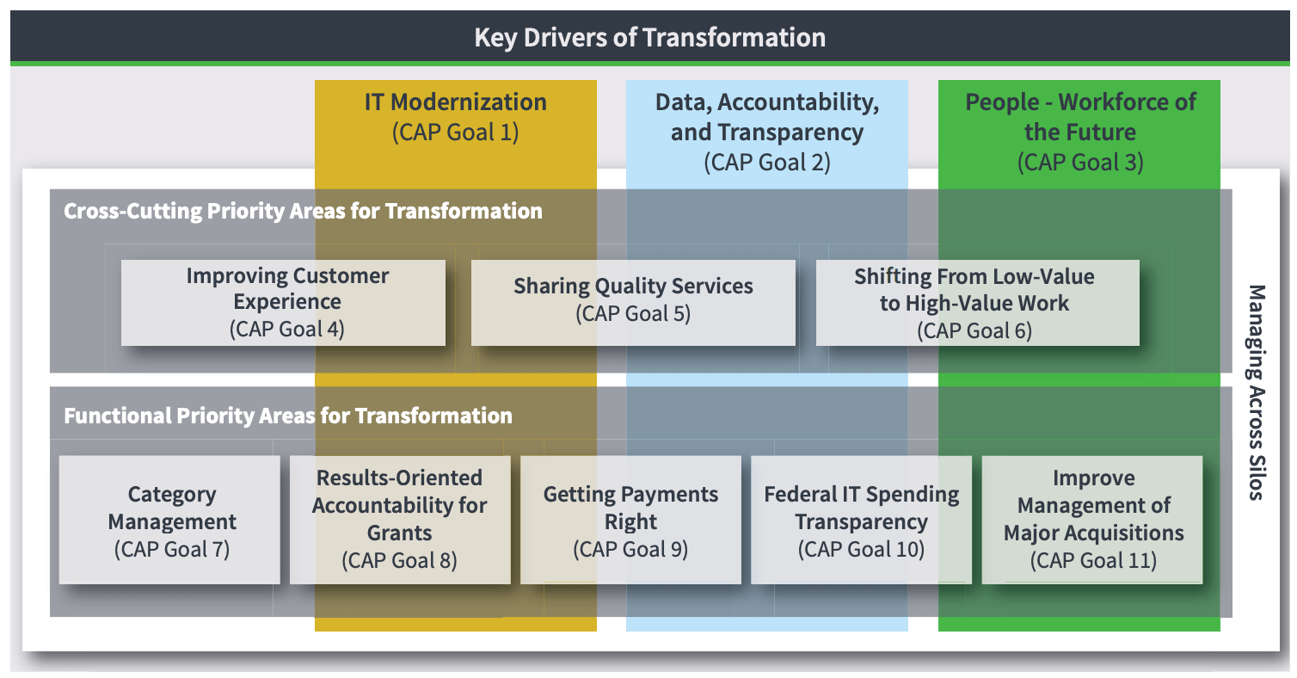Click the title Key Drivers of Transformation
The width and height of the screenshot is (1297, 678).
tap(649, 38)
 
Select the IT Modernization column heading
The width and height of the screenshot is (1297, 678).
tap(456, 102)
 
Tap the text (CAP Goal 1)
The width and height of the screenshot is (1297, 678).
tap(456, 133)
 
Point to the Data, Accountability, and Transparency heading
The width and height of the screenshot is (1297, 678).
tap(767, 117)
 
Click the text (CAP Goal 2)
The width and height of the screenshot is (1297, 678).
tap(767, 163)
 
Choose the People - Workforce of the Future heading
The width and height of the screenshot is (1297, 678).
tap(1080, 117)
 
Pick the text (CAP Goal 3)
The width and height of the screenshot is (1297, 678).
tap(1080, 163)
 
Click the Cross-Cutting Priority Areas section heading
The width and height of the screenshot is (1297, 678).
tap(303, 212)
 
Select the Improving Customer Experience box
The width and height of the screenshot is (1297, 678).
tap(283, 303)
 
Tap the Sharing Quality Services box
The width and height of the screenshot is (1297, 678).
tap(633, 303)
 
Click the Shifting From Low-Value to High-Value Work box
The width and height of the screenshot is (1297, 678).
tap(977, 303)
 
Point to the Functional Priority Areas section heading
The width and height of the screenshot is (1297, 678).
tap(288, 416)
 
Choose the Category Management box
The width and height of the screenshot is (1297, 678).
tap(169, 520)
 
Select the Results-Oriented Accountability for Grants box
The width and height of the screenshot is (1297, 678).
tap(400, 520)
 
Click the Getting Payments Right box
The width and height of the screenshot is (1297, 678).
tap(630, 520)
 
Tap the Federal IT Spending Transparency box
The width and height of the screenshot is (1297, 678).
tap(861, 520)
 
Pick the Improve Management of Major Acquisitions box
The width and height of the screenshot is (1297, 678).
tap(1092, 520)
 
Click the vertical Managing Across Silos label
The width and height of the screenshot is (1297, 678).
tap(1256, 392)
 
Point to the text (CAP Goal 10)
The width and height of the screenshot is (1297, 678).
tap(861, 550)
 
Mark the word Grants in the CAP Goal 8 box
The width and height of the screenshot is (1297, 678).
tap(400, 533)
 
